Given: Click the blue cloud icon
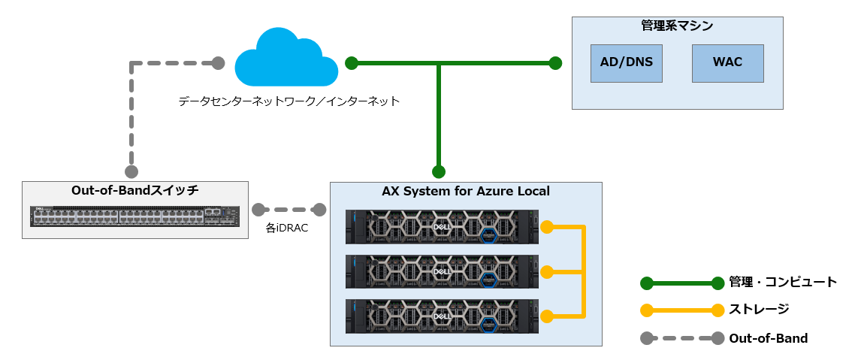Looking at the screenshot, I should (286, 59).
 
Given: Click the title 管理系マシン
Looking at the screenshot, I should (677, 26).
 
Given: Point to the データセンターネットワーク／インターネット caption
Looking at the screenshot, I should (289, 100).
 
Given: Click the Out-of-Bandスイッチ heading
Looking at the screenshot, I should (135, 190).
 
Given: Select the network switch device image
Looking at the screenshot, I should (135, 216).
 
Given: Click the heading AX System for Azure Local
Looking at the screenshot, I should (466, 192).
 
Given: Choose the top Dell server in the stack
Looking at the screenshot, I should (442, 226).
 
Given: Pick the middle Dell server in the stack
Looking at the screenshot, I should (442, 271).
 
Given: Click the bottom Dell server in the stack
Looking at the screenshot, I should (442, 316).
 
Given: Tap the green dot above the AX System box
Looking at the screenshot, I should (439, 171).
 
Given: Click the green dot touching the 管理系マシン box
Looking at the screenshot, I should (555, 63).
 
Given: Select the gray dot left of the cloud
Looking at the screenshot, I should (218, 63).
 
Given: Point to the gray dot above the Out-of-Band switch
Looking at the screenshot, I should (131, 171).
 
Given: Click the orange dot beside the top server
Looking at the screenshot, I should (548, 226).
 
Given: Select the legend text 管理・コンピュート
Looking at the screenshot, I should (783, 283).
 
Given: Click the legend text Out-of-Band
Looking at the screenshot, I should (768, 338).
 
